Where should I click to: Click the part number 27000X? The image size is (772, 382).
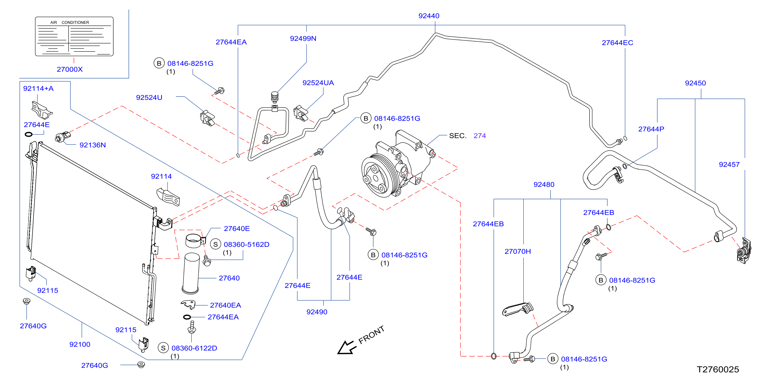(70, 69)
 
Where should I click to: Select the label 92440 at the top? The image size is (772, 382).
(429, 16)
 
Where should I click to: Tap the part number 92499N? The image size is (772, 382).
(303, 39)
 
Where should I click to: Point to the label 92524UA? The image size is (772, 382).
(318, 83)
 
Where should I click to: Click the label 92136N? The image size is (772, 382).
(93, 145)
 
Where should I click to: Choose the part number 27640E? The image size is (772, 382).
(237, 229)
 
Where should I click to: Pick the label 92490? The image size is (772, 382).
(317, 312)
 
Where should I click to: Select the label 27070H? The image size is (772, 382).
(518, 251)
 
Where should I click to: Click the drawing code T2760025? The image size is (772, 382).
(718, 369)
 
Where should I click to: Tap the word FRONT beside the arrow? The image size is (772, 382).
(371, 335)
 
